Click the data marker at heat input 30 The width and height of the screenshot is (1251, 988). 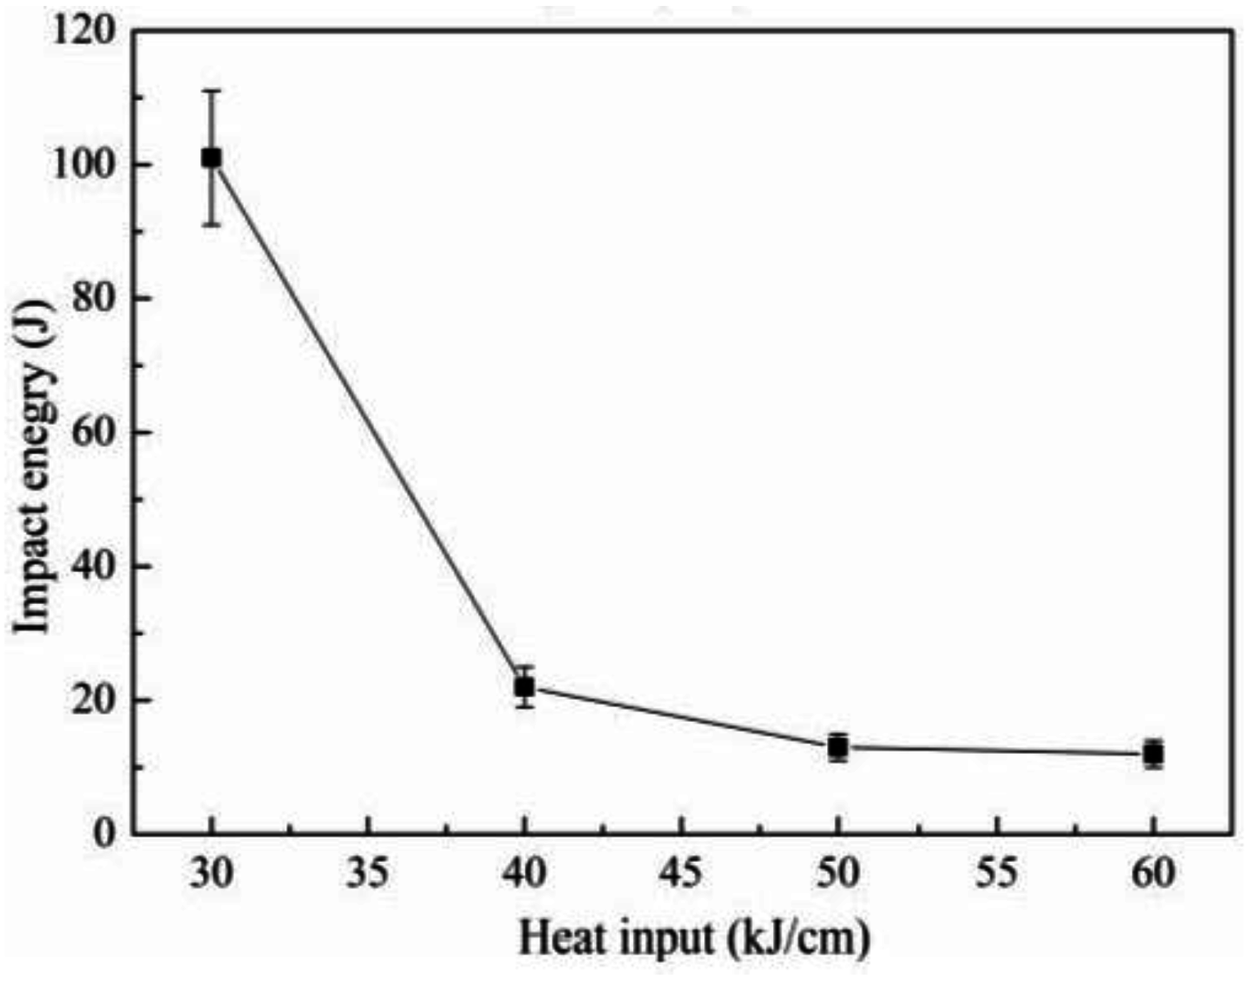pyautogui.click(x=212, y=158)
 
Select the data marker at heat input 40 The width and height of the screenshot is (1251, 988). pyautogui.click(x=525, y=687)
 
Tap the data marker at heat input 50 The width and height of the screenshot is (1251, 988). pyautogui.click(x=838, y=747)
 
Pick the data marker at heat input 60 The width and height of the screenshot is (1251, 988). pyautogui.click(x=1153, y=754)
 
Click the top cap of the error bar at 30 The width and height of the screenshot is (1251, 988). pyautogui.click(x=212, y=90)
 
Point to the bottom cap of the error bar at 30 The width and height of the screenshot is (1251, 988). pyautogui.click(x=212, y=225)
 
